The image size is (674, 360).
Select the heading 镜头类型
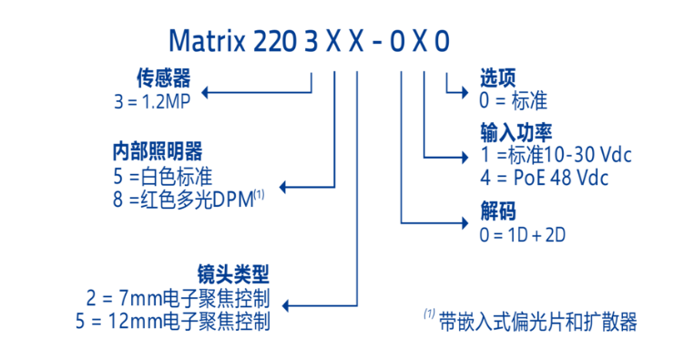[x=233, y=273]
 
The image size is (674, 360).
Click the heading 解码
[x=497, y=211]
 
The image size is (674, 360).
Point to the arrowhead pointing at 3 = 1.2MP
[x=205, y=93]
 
